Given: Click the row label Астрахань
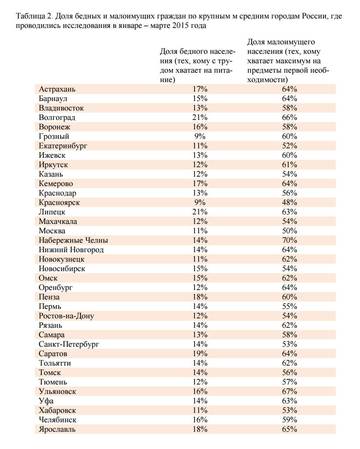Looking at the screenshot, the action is [x=57, y=89].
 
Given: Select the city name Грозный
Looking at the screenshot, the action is [x=54, y=136].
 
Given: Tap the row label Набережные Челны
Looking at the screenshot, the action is [x=73, y=240].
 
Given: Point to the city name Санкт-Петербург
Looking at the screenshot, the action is [x=69, y=344].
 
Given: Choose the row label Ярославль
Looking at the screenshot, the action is [x=57, y=429].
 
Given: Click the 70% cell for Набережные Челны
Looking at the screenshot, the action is [x=289, y=240].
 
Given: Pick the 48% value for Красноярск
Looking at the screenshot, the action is [x=289, y=203].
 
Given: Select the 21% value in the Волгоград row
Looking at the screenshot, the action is [x=200, y=117].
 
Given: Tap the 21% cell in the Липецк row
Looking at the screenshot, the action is [x=200, y=212].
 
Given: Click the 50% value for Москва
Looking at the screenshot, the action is [x=289, y=231].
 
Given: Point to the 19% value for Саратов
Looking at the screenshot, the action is [x=200, y=354].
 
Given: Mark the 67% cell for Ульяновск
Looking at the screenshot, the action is [x=289, y=391].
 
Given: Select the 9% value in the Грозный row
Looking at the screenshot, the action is [x=200, y=136].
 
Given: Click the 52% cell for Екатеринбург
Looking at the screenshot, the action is [x=289, y=146].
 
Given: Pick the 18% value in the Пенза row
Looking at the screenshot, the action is [x=200, y=297].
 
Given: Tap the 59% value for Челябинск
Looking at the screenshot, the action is [x=289, y=420].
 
